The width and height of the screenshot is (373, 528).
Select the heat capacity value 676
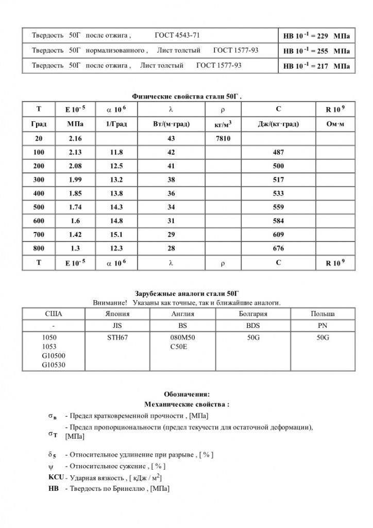(x=278, y=248)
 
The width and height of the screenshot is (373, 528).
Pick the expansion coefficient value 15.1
(x=116, y=235)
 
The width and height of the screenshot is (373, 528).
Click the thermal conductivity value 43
(x=172, y=139)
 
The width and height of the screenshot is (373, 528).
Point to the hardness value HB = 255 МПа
(x=316, y=51)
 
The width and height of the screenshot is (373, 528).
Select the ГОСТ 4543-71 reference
(x=177, y=36)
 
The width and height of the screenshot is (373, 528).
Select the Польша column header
(x=323, y=313)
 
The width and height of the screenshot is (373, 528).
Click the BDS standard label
(x=253, y=326)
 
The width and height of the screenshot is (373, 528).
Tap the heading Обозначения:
(x=186, y=394)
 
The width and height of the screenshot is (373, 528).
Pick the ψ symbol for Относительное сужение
(x=50, y=466)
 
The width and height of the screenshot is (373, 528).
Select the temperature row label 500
(x=39, y=207)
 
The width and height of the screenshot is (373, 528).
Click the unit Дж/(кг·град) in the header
(x=278, y=124)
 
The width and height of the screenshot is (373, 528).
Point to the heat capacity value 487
(x=278, y=153)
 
